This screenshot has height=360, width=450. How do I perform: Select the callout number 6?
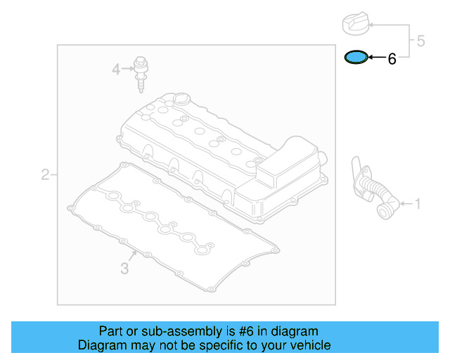392,60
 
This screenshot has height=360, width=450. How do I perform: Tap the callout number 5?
420,41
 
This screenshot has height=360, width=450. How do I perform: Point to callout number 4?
116,68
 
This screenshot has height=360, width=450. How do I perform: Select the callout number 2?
45,174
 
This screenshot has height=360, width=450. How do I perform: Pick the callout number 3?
124,268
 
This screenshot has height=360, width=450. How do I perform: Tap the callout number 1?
418,205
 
